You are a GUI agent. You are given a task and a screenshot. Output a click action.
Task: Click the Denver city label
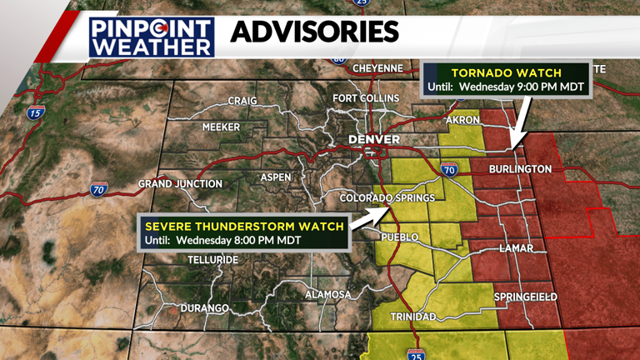[374, 139]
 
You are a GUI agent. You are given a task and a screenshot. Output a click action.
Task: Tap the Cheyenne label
[377, 68]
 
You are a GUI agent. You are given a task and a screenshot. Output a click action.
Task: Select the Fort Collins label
[366, 98]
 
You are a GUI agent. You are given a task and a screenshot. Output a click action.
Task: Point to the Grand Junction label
[180, 183]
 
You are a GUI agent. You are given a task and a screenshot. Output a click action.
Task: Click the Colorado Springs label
[387, 197]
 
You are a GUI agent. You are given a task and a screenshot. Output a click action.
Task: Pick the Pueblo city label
[398, 237]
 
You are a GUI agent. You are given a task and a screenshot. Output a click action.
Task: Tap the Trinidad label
[413, 317]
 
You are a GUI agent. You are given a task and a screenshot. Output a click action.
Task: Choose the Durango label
[204, 308]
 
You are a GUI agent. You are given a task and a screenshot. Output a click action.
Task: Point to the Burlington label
[521, 169]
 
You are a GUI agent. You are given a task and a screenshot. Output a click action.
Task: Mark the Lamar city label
[517, 248]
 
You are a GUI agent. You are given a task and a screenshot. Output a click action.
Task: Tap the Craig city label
[242, 102]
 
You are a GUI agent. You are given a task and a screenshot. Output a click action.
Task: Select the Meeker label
[221, 127]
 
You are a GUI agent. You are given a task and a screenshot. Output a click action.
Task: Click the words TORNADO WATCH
[507, 71]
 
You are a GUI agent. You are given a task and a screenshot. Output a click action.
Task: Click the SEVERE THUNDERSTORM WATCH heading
[244, 226]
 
